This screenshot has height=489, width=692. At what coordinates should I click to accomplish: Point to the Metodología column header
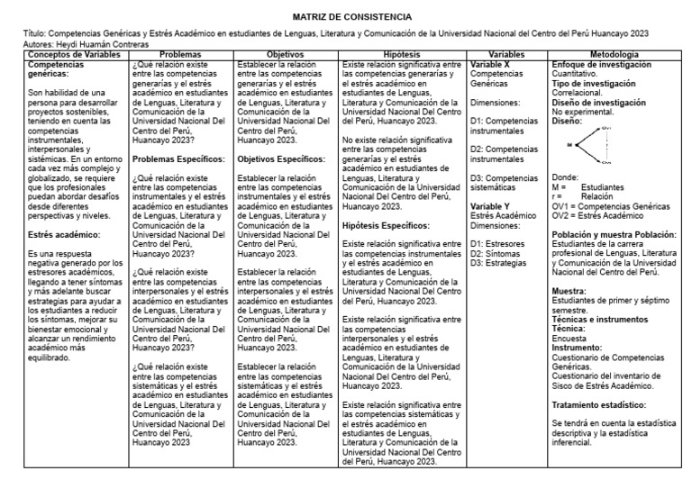[x=621, y=55]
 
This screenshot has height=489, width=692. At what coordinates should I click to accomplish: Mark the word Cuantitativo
[x=578, y=74]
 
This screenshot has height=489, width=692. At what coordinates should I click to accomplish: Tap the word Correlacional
[x=578, y=93]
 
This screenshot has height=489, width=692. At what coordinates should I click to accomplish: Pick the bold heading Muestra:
[x=569, y=290]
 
